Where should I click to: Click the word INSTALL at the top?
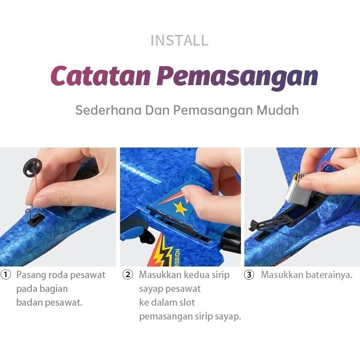pyautogui.click(x=180, y=41)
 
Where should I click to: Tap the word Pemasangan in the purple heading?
pyautogui.click(x=237, y=76)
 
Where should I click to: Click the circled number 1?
pyautogui.click(x=6, y=275)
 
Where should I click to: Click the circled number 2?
pyautogui.click(x=128, y=275)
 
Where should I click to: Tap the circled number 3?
pyautogui.click(x=249, y=275)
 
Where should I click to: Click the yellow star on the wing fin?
pyautogui.click(x=180, y=209)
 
